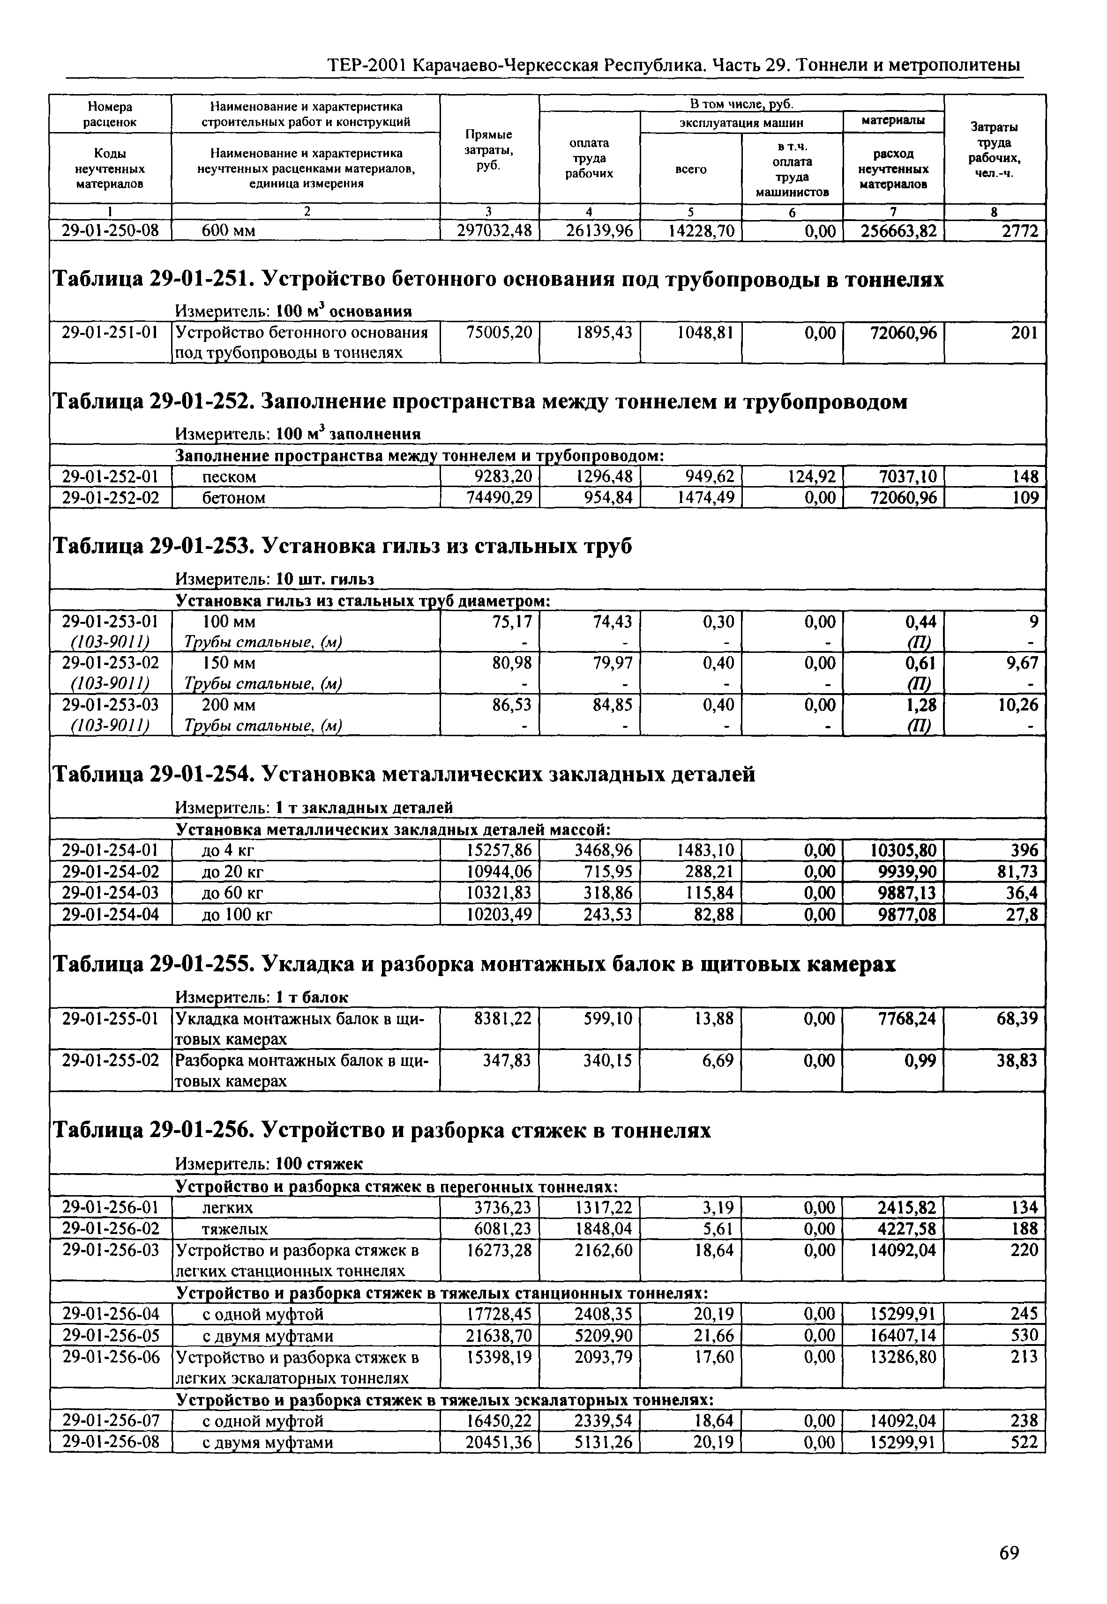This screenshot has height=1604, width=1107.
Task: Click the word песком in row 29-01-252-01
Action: click(x=229, y=477)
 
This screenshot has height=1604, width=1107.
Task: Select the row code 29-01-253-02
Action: click(x=111, y=663)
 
